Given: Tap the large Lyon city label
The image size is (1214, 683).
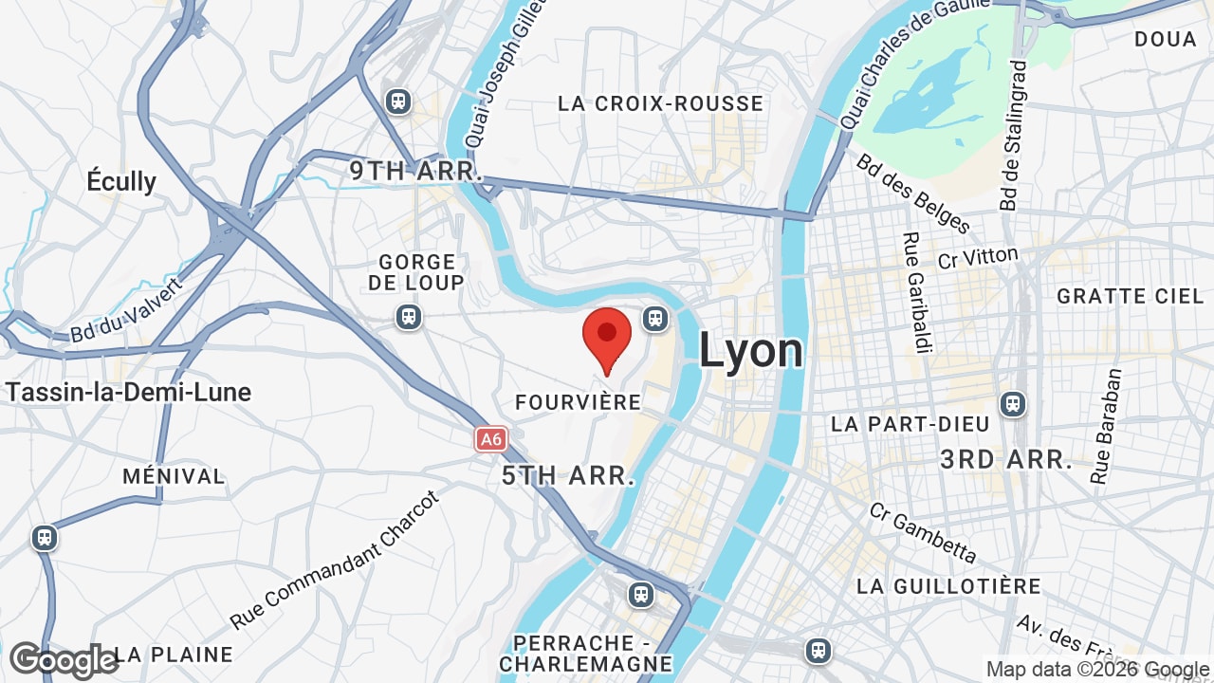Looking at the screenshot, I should [751, 351].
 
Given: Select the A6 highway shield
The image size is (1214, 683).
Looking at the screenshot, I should [490, 439].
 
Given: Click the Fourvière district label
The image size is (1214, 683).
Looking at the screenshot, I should [579, 402].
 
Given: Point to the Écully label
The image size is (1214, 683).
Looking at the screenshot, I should [121, 181].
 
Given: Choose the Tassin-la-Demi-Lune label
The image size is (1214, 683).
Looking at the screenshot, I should [128, 392].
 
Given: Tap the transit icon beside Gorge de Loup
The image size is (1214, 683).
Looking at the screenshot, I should [409, 316].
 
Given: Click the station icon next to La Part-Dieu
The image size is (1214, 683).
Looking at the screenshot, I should [1013, 404].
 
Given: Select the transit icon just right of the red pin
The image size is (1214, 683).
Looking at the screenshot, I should [655, 319].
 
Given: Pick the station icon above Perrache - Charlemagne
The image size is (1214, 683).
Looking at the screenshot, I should [641, 595].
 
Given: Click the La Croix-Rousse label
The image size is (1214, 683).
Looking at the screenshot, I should [661, 103].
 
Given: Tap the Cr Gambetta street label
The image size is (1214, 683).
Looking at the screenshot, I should [923, 532].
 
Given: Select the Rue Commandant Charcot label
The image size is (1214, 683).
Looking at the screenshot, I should [336, 560].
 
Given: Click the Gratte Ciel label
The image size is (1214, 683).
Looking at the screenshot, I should [1131, 296].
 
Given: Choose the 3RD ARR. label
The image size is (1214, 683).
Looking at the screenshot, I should [1006, 460].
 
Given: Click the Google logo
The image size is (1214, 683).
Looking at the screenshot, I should [64, 660].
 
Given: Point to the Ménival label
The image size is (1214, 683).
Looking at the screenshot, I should [174, 476].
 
